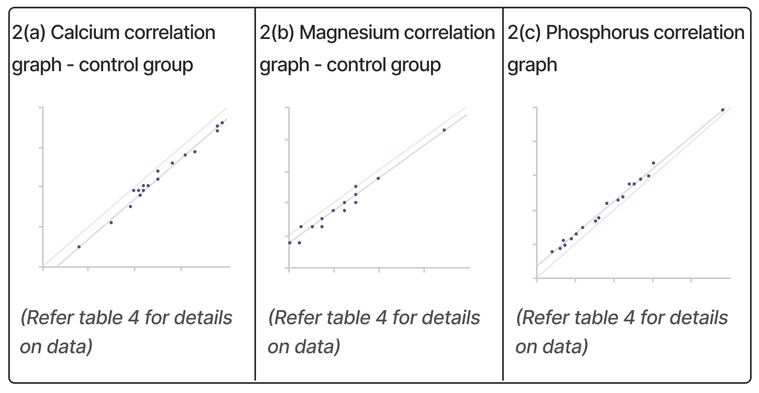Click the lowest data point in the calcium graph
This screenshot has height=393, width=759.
79,247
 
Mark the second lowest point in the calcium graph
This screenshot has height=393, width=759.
111,222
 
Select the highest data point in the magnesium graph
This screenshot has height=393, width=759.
444,130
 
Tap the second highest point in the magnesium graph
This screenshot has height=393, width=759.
378,178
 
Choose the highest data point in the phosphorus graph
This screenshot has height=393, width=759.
722,110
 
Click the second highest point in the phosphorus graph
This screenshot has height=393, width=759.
653,163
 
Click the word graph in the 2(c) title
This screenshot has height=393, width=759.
532,65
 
